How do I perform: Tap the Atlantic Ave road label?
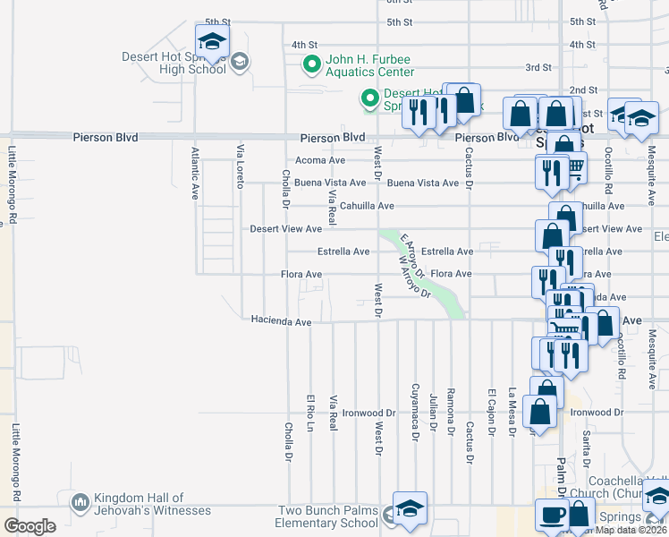(194, 172)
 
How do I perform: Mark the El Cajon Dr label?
(491, 412)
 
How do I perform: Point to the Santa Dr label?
(587, 446)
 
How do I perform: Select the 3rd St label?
(538, 67)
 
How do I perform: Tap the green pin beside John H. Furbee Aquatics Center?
(311, 64)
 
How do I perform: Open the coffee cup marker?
(551, 514)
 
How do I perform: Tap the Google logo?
(30, 525)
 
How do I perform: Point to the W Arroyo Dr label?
(415, 276)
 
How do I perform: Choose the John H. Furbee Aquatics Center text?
(369, 66)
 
